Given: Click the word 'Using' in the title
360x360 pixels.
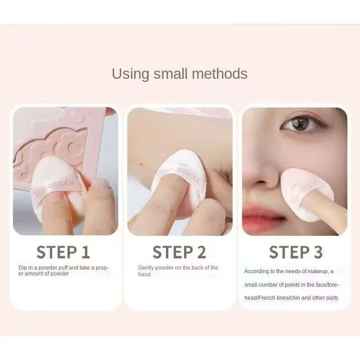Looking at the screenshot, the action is pos(130,74).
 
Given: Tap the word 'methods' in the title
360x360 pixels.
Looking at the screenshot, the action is pos(220,74).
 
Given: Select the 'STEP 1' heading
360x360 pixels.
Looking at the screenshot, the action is pos(63,252).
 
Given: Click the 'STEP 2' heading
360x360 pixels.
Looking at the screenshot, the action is pos(179,252).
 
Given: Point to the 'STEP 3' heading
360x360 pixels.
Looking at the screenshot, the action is pos(296,252).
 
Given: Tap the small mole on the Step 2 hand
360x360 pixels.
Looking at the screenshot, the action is pos(142,164).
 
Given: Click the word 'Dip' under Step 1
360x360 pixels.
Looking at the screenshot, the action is pos(22,268).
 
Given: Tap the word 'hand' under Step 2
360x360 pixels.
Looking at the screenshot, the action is pos(144,274).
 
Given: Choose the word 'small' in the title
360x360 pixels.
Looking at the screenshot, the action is pos(171,74).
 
